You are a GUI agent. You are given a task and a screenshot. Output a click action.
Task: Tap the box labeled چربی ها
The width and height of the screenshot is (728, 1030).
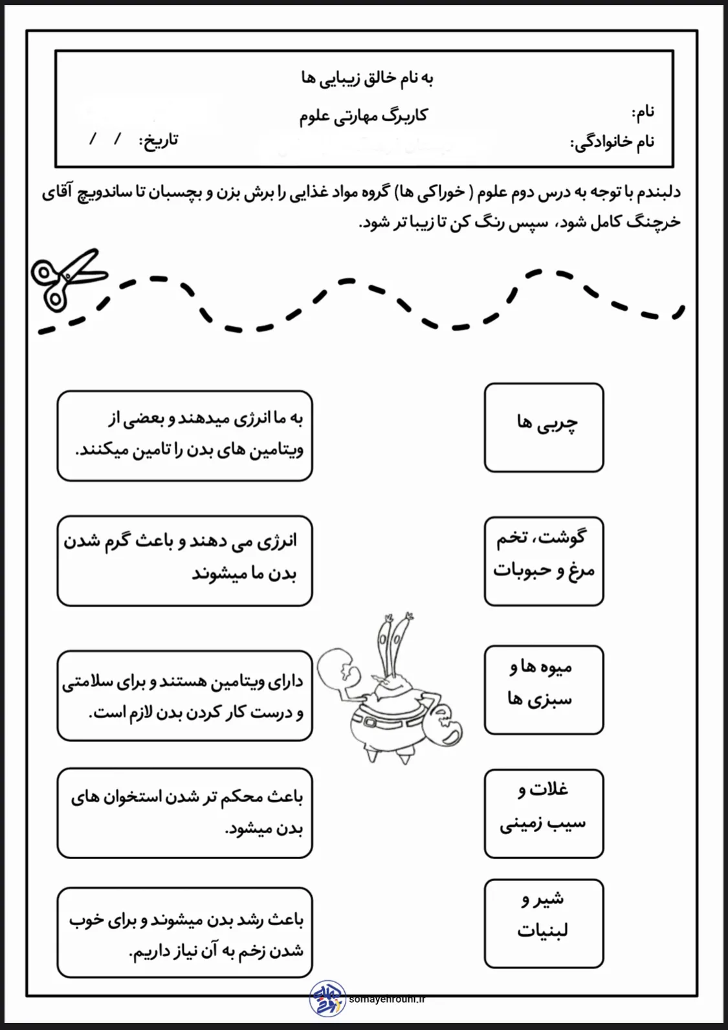544,427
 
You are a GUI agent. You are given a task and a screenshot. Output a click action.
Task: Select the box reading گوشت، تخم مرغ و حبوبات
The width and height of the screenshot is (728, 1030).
544,561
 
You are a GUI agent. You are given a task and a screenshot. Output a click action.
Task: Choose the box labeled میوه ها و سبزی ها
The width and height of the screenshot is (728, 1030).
544,689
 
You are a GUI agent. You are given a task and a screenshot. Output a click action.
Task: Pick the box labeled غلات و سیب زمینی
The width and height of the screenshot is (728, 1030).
544,813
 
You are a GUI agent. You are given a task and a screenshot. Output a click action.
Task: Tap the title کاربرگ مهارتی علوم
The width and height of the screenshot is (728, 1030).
363,116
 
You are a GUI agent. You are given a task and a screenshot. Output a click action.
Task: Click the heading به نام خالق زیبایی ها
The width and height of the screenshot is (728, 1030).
366,78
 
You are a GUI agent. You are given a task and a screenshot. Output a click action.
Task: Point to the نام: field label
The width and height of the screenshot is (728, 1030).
643,113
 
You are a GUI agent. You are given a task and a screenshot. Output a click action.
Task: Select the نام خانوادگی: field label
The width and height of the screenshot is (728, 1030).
612,142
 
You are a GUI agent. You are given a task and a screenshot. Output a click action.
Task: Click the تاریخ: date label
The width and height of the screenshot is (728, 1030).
159,140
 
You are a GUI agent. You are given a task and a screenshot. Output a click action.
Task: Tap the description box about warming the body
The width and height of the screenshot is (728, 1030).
184,561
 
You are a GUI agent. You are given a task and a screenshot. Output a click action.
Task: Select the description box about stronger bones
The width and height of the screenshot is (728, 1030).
184,813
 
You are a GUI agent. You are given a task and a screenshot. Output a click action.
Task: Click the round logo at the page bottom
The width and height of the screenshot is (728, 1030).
327,998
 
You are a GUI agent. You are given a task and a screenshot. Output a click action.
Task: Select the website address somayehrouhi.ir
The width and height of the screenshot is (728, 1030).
387,999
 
